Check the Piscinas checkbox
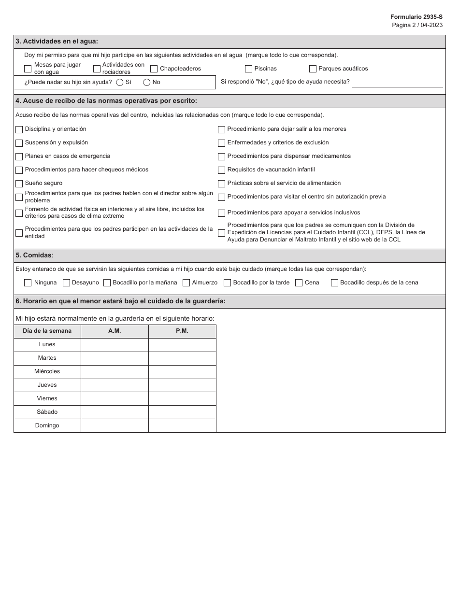[x=248, y=69]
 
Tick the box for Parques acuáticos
[x=313, y=69]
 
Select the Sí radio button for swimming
[x=120, y=82]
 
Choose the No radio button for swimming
[x=147, y=82]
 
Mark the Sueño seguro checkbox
[x=19, y=184]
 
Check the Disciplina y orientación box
[x=19, y=129]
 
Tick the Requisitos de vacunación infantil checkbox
[x=221, y=170]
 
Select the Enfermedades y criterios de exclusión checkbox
[x=221, y=143]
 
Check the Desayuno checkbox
[x=67, y=283]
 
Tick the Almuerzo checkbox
[x=186, y=283]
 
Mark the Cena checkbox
[x=299, y=283]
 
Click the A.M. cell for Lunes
[x=115, y=345]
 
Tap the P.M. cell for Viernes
[x=182, y=399]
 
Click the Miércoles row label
[x=47, y=372]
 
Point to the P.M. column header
[x=182, y=331]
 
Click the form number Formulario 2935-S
[x=416, y=17]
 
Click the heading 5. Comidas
[x=34, y=255]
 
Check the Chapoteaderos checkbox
[x=154, y=69]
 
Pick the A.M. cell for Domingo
[x=115, y=426]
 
